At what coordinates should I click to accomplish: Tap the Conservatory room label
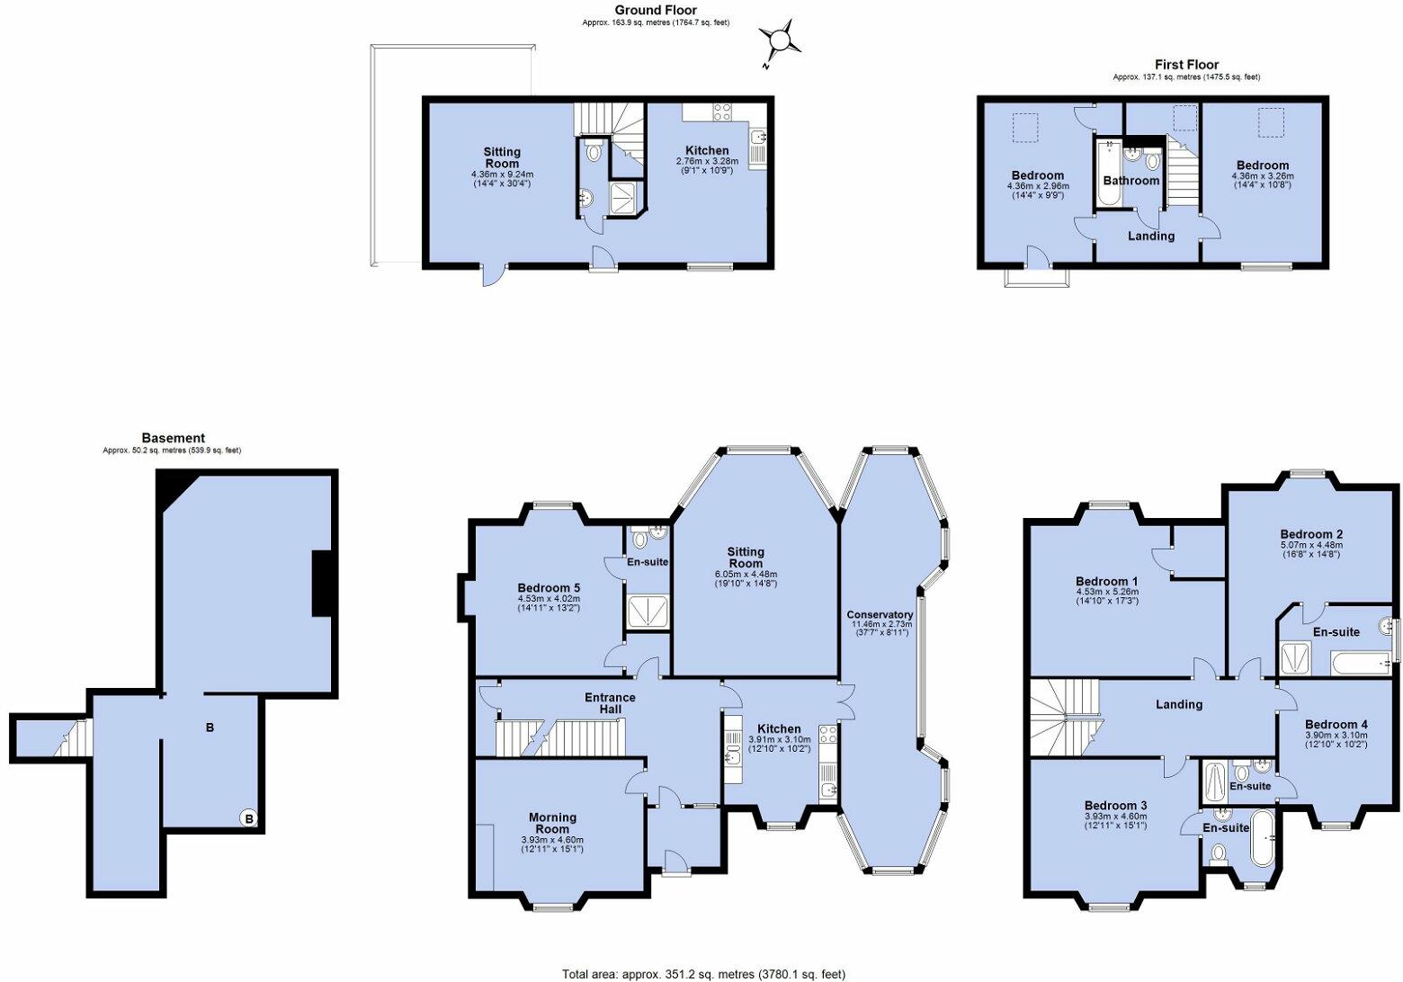pos(880,615)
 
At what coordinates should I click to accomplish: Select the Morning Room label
pos(552,823)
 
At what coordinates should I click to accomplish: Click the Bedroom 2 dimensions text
pos(1310,549)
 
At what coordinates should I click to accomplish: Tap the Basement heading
pos(172,438)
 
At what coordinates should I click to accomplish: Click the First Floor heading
pos(1186,65)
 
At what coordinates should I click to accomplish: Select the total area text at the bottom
pos(703,973)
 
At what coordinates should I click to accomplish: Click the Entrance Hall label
pos(610,703)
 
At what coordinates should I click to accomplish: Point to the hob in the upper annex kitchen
pos(722,112)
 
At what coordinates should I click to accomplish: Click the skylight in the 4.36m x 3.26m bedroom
pos(1271,122)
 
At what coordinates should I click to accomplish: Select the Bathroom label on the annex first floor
pos(1130,180)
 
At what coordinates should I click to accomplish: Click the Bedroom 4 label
pos(1336,724)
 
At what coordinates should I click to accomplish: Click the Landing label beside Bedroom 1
pos(1178,704)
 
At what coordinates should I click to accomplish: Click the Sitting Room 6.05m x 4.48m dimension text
pos(746,574)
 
